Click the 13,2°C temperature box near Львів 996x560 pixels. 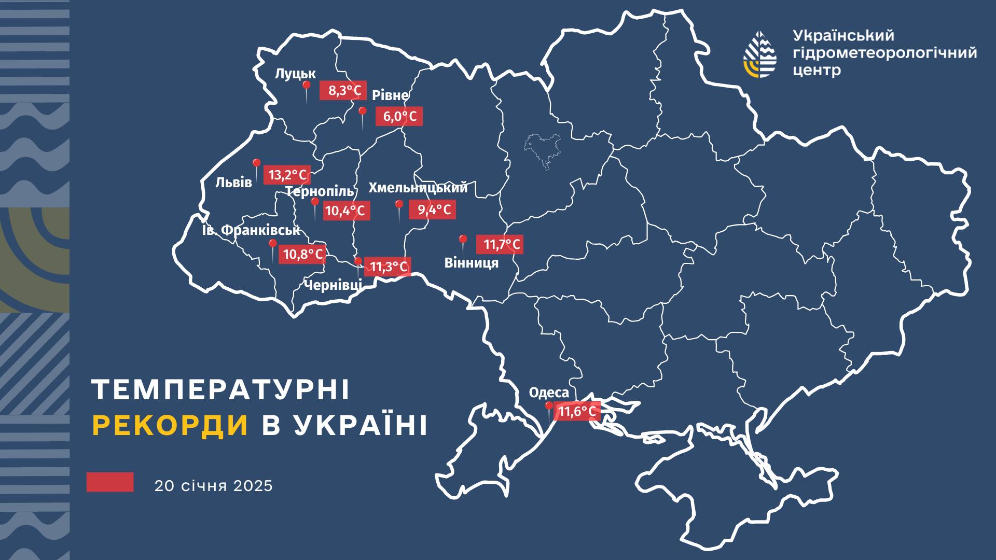(x=287, y=175)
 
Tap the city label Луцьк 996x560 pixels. (x=295, y=74)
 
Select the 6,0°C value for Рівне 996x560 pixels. (x=399, y=116)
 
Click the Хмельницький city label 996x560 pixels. (x=418, y=188)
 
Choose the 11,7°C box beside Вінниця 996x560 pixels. (x=500, y=244)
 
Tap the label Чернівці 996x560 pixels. (x=333, y=285)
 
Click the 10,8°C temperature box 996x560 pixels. (x=302, y=254)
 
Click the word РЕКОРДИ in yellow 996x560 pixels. (x=170, y=425)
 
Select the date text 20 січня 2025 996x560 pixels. (x=213, y=486)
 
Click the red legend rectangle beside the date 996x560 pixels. (x=110, y=482)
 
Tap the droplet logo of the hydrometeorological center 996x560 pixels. (x=760, y=54)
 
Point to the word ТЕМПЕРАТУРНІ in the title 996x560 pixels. (x=220, y=390)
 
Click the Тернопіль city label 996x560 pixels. (x=320, y=192)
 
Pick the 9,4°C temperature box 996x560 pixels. (x=432, y=209)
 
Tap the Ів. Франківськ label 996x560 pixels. (x=251, y=230)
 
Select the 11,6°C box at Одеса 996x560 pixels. (x=576, y=412)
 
